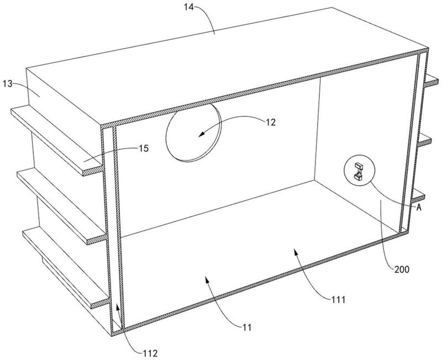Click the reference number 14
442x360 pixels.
pyautogui.click(x=189, y=7)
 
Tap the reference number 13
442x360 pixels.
pyautogui.click(x=8, y=84)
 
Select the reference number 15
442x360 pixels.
pyautogui.click(x=144, y=149)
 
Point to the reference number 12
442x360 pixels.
pyautogui.click(x=270, y=122)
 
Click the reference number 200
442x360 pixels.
pyautogui.click(x=402, y=269)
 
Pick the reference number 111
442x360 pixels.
pyautogui.click(x=338, y=300)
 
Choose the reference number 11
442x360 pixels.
pyautogui.click(x=247, y=327)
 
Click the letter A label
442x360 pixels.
pyautogui.click(x=419, y=208)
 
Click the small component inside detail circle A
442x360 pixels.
pyautogui.click(x=359, y=171)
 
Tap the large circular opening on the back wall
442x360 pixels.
pyautogui.click(x=194, y=133)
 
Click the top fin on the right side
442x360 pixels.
pyautogui.click(x=432, y=81)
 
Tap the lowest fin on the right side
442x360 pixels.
pyautogui.click(x=418, y=196)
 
